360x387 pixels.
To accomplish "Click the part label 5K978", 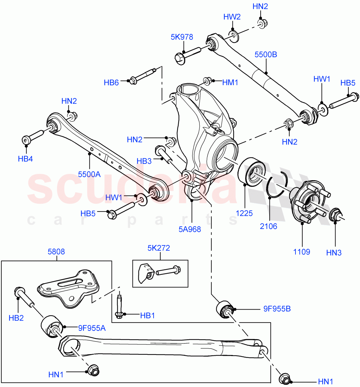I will [x=182, y=37].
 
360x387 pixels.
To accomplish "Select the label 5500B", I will [x=265, y=55].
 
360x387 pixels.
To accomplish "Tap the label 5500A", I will [x=89, y=174].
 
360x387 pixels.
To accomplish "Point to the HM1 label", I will [x=230, y=83].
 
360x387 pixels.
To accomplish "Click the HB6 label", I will [x=111, y=83].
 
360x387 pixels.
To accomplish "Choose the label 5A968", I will [x=190, y=229].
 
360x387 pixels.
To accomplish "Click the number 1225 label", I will [x=244, y=213].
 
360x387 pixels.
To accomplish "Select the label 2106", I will [x=268, y=226].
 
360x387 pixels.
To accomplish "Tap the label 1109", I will [x=302, y=252].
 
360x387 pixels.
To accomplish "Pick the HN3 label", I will [x=334, y=253].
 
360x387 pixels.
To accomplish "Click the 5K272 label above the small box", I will [x=159, y=248].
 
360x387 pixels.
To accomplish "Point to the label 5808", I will [x=56, y=252].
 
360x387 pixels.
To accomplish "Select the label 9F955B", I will [x=277, y=309].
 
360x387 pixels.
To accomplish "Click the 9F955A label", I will [x=92, y=328].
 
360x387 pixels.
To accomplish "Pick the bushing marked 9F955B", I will [x=225, y=309].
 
